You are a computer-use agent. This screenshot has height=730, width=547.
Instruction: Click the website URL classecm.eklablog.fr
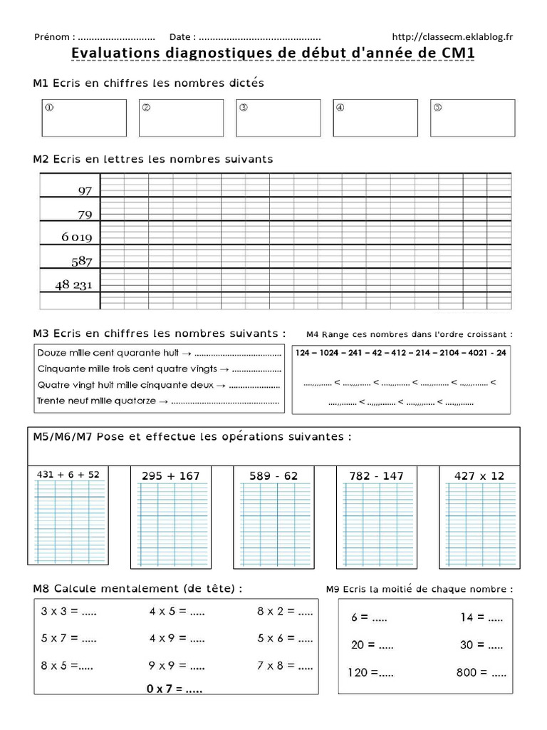452,36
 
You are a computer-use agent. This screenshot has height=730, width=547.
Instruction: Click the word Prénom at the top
51,36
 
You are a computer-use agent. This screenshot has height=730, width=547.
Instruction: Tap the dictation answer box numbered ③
278,118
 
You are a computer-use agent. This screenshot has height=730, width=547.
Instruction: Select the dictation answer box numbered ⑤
472,118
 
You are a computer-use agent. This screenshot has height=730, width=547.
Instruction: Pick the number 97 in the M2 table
85,190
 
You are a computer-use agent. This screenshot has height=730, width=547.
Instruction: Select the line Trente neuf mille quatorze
157,401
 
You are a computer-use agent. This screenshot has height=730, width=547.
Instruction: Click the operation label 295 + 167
170,475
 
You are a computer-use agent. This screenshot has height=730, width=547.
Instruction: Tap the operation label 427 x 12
479,475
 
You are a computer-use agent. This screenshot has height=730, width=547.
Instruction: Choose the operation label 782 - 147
376,475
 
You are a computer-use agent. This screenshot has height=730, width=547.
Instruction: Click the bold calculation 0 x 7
174,689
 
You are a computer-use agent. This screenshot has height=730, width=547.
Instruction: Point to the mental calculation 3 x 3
68,611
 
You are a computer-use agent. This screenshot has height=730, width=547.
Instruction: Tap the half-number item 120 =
370,672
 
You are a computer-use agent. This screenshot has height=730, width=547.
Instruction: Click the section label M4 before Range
313,334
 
